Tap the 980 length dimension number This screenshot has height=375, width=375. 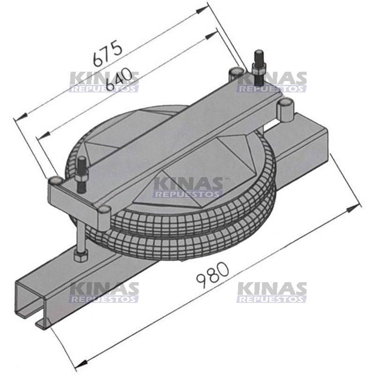(213, 275)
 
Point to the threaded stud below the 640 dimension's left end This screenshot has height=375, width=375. (81, 173)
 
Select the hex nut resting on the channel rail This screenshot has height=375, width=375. (80, 256)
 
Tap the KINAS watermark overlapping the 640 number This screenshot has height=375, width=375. (104, 82)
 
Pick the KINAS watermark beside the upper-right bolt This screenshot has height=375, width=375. (272, 82)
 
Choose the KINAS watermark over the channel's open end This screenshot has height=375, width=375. (104, 292)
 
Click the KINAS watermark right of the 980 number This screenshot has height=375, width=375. (272, 292)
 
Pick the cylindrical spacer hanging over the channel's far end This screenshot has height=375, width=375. (285, 111)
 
